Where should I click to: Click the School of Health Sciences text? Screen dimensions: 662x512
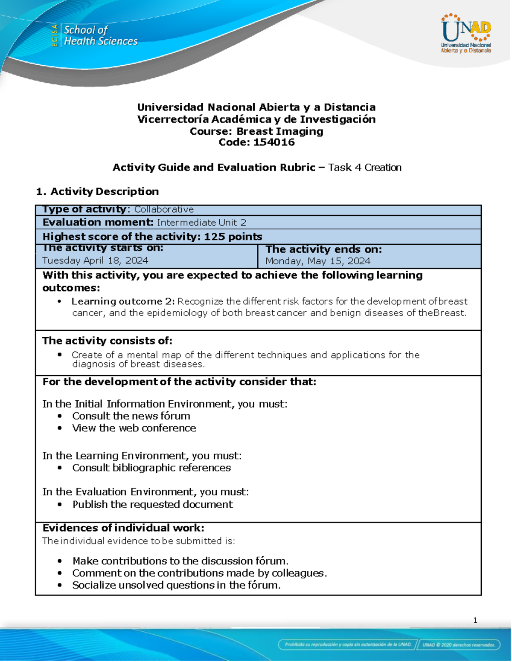(100, 35)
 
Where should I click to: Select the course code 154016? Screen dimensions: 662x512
(273, 142)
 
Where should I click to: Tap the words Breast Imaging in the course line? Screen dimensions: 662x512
(279, 131)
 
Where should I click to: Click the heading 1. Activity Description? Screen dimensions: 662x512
(97, 191)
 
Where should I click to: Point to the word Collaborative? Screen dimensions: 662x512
(164, 209)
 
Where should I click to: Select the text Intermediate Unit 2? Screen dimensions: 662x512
(201, 223)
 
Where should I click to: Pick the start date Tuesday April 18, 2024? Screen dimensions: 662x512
(95, 260)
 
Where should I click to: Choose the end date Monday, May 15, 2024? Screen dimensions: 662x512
(318, 261)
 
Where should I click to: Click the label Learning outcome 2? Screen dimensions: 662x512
(123, 301)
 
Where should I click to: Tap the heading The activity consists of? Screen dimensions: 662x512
(107, 341)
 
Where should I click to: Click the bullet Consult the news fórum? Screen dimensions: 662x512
(131, 416)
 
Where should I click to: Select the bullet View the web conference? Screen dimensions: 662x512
(134, 428)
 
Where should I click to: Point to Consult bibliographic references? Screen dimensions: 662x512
(151, 468)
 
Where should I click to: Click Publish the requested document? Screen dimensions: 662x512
(152, 504)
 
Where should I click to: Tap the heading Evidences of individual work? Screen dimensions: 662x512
(123, 528)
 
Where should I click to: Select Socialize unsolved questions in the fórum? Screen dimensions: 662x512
(176, 585)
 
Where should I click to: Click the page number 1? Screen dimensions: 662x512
(475, 620)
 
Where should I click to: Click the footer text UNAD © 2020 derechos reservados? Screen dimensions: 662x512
(459, 645)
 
